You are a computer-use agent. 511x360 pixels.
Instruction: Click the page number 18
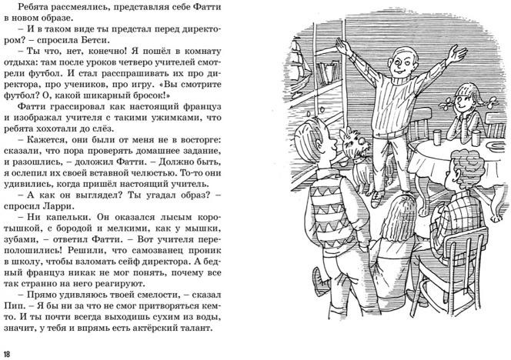click(x=8, y=353)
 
